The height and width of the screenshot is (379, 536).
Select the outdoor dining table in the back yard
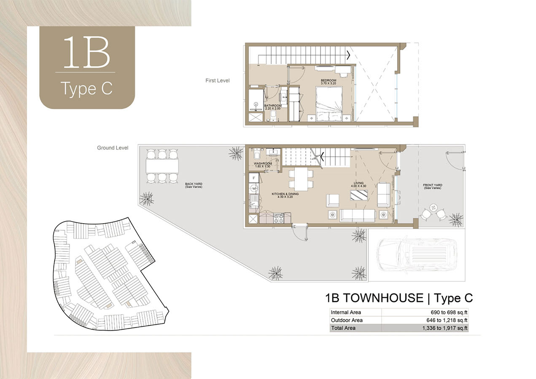click(162, 166)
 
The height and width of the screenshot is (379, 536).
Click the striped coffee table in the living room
click(359, 195)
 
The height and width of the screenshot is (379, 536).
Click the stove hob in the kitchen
click(278, 218)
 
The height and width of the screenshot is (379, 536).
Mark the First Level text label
click(217, 80)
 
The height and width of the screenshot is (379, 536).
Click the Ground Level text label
click(113, 148)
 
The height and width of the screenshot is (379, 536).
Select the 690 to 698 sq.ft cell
click(449, 312)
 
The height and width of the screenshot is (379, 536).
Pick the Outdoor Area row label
click(347, 320)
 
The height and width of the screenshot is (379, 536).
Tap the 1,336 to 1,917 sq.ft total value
click(444, 328)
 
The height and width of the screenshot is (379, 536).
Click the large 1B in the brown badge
click(86, 52)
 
